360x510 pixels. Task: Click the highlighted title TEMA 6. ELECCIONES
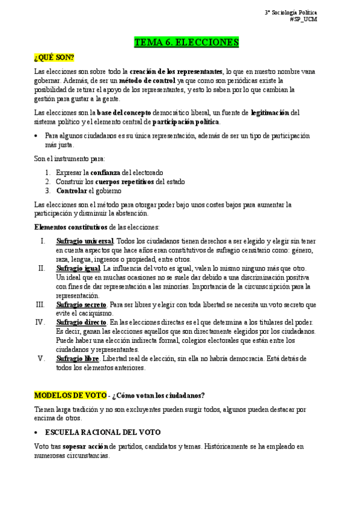tap(186, 42)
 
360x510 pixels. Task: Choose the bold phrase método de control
tap(147, 81)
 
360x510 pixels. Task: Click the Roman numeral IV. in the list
tap(41, 322)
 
